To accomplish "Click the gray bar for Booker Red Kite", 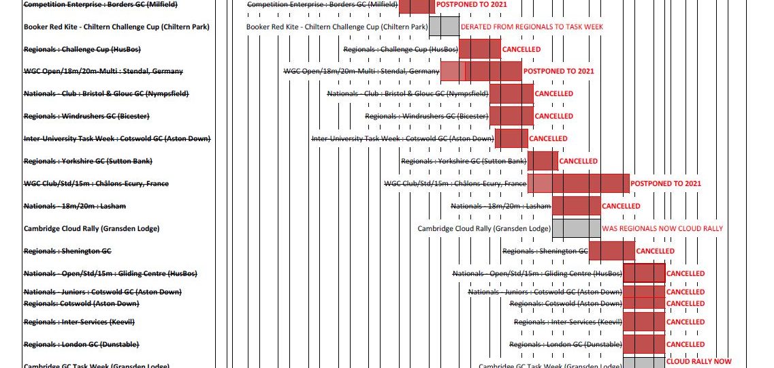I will click(444, 27).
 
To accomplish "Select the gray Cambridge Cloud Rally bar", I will click(576, 228).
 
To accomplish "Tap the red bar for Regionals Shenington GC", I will click(611, 251).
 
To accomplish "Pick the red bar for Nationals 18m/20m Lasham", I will click(576, 206).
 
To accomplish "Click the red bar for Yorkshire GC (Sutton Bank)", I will click(543, 161).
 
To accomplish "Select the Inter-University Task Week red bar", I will click(511, 138).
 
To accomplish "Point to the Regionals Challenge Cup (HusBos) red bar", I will click(479, 49).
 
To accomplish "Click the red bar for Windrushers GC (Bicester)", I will click(511, 116).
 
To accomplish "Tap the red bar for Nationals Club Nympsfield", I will click(511, 93).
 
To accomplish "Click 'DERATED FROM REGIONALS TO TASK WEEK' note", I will click(532, 27).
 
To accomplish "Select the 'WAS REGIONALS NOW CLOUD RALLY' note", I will click(662, 228).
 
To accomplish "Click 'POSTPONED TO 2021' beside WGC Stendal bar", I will click(558, 71).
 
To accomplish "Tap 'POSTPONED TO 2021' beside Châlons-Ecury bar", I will click(665, 183).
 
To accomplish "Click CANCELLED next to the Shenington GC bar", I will click(655, 251).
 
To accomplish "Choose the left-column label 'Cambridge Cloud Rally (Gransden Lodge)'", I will click(91, 228).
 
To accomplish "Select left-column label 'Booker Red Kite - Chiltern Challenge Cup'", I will click(116, 27).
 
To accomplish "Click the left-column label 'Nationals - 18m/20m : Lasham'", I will click(74, 206).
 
